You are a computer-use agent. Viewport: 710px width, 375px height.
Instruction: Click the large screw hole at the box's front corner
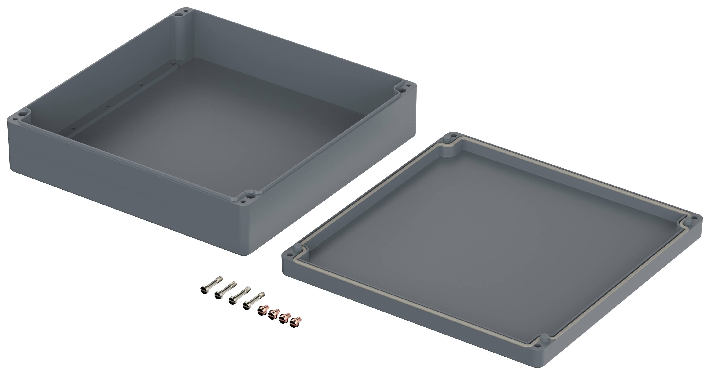click(x=251, y=196)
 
